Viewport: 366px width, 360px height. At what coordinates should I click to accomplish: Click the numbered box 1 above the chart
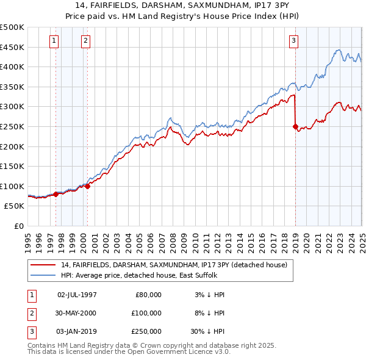(54, 41)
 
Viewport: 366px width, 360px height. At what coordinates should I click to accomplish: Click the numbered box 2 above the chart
(85, 41)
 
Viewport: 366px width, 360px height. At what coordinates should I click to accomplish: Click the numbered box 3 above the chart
(293, 41)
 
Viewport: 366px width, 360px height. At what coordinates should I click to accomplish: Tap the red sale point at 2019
(295, 127)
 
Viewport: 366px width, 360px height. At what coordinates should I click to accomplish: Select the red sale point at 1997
(56, 194)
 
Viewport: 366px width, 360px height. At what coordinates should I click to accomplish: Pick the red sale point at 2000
(88, 186)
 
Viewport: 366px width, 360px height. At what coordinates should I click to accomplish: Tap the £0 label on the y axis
(18, 226)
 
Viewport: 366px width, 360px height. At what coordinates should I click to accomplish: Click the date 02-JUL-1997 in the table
(77, 295)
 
